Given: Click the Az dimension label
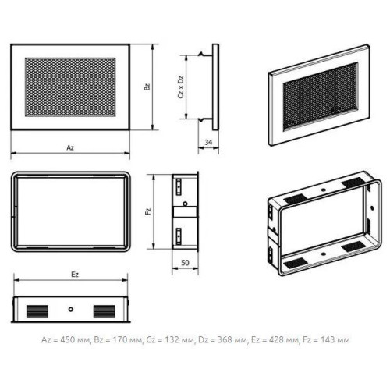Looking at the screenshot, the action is [x=70, y=147].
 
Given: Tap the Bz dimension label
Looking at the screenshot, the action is [x=147, y=87].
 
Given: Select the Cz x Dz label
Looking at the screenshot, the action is [x=181, y=87].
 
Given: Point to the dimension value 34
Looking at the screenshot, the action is [x=208, y=142].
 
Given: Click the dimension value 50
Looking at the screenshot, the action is [x=185, y=263].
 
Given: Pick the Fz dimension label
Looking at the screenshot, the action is [x=148, y=211].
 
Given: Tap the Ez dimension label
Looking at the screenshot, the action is [x=75, y=275].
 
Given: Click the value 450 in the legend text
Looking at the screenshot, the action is [x=68, y=339].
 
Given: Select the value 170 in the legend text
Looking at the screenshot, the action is [x=120, y=339].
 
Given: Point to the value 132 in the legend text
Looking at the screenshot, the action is [x=172, y=339].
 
